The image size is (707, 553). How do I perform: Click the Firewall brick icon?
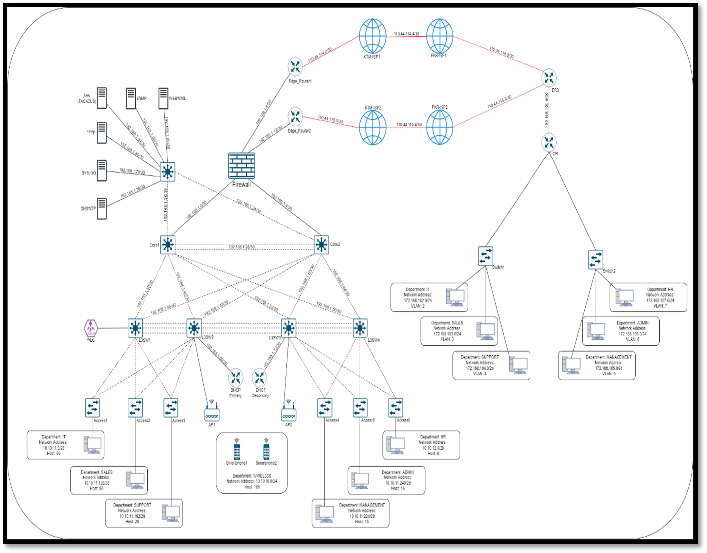242,165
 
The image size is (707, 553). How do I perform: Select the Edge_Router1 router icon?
295,66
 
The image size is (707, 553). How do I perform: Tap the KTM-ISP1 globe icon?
372,36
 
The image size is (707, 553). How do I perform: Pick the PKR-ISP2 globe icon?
440,127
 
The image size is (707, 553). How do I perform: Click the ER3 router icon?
549,78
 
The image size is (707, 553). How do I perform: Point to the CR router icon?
549,143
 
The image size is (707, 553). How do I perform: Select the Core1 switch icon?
168,244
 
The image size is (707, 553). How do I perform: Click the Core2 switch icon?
322,244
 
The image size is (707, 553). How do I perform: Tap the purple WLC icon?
90,328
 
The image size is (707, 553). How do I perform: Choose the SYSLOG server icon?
102,170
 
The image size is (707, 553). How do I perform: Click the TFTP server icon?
102,133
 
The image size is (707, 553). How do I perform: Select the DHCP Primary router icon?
235,377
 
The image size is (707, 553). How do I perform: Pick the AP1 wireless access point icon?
212,412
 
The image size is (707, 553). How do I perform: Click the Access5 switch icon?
360,408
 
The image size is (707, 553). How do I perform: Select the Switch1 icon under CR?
485,256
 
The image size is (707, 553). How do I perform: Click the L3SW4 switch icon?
360,328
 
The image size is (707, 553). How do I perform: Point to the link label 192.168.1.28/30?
242,247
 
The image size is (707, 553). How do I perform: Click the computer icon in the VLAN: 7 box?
624,297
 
